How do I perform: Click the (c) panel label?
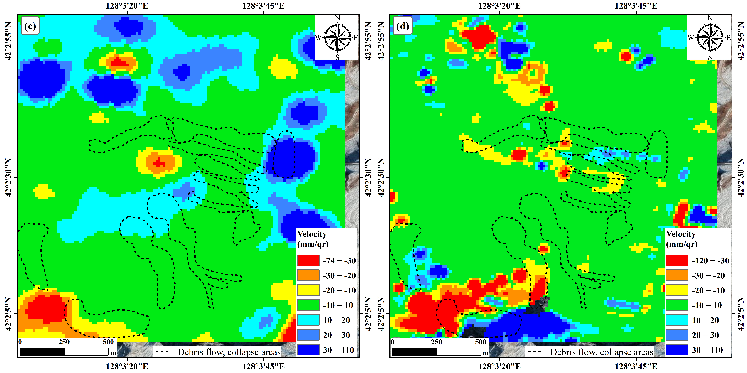30,26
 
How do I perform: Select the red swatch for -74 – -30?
308,260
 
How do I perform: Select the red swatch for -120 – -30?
677,260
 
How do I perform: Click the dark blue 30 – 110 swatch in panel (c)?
308,350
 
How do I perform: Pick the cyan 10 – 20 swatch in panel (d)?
677,320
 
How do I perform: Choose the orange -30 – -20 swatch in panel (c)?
308,275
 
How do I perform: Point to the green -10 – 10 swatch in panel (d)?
677,305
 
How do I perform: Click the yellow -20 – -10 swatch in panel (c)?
308,290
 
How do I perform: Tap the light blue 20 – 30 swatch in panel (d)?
677,335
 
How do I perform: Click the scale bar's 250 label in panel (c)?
64,342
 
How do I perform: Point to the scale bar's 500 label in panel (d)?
480,342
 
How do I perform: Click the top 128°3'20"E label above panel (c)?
127,6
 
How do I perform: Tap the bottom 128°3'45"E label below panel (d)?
636,366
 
